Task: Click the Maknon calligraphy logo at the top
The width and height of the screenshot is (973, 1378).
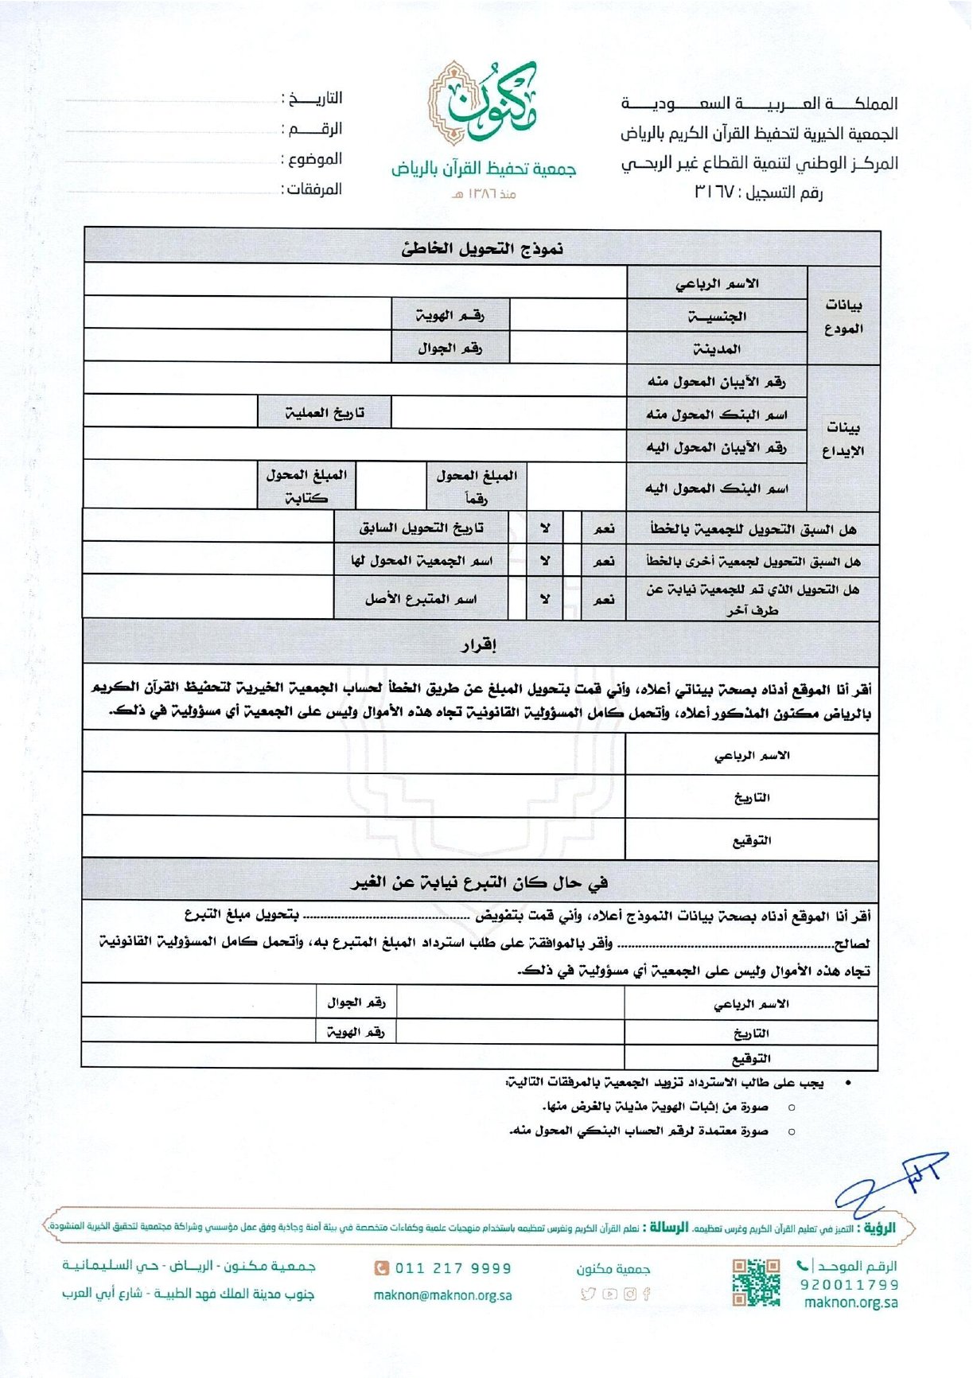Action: [x=482, y=103]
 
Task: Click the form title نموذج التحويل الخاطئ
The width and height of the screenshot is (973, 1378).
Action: [x=482, y=249]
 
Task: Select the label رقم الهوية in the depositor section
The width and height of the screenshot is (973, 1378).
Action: [x=450, y=316]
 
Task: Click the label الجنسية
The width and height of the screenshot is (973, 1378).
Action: [x=717, y=316]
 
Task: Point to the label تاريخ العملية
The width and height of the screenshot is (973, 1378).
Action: [x=325, y=413]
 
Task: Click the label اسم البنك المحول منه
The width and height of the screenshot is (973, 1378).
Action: [x=717, y=414]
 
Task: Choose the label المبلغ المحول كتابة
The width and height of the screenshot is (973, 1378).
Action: [x=306, y=486]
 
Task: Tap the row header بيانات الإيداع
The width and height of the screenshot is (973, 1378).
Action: [x=843, y=438]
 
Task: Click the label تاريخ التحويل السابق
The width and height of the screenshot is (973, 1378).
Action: [x=421, y=527]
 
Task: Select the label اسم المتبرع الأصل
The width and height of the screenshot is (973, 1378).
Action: [x=421, y=598]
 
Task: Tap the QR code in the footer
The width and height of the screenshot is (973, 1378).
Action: [x=755, y=1282]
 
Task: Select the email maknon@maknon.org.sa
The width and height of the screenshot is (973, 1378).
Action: [x=442, y=1295]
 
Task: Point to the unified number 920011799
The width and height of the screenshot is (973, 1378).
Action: [x=849, y=1284]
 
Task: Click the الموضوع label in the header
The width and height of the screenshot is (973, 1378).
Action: [x=313, y=159]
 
